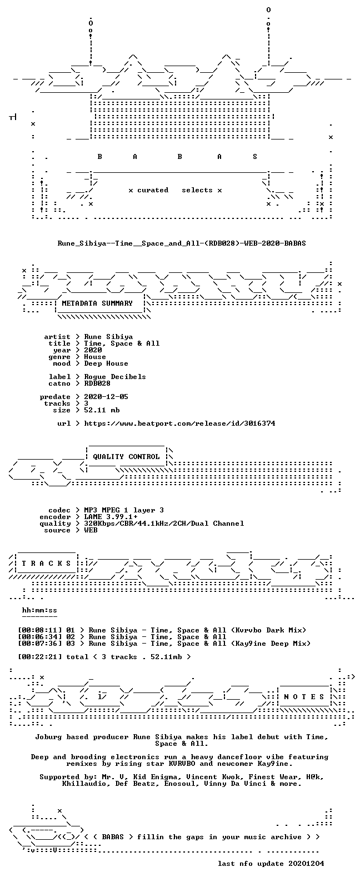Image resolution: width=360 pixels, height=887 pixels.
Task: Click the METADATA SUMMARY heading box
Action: click(97, 303)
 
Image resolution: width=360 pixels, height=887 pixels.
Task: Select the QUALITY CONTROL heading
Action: click(126, 457)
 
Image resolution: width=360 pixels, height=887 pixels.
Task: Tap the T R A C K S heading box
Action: click(46, 564)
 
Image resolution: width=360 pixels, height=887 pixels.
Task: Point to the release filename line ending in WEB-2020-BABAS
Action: click(182, 243)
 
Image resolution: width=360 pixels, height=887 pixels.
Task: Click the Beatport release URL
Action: click(180, 423)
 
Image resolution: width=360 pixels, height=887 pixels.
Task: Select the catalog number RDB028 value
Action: click(97, 383)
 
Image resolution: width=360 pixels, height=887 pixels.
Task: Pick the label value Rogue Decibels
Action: click(115, 377)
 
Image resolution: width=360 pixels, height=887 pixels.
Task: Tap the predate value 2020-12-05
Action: click(106, 397)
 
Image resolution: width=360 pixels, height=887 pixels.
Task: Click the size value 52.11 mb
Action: click(102, 410)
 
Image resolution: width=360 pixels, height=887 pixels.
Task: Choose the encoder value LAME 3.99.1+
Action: click(111, 517)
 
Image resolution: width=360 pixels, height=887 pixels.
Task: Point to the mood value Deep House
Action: click(106, 363)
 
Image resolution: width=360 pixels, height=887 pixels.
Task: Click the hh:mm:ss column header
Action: click(39, 611)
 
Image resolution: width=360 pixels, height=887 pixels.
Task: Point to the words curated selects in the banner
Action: click(174, 191)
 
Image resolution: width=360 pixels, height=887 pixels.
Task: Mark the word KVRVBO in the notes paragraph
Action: click(182, 764)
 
